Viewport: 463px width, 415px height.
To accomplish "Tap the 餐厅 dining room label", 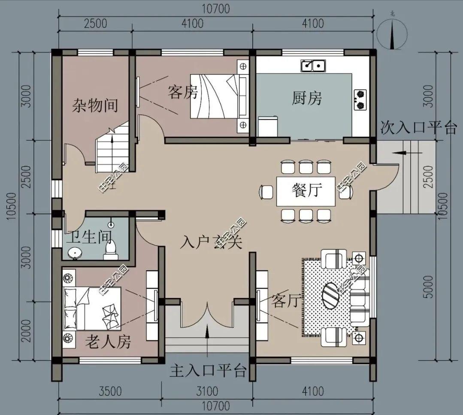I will coord(306,189).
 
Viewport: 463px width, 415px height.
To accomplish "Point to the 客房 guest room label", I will coord(182,92).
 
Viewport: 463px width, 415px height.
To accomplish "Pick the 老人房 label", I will coord(108,342).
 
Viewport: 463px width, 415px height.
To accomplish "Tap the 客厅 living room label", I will coord(285,301).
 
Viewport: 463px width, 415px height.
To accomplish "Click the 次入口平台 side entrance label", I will coord(418,127).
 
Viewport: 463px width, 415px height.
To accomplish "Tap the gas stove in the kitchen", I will coord(360,99).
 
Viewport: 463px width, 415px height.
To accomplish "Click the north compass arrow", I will coord(392,34).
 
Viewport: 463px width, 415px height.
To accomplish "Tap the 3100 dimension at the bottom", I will coord(207,391).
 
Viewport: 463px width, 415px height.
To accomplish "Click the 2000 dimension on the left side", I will coord(27,330).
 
